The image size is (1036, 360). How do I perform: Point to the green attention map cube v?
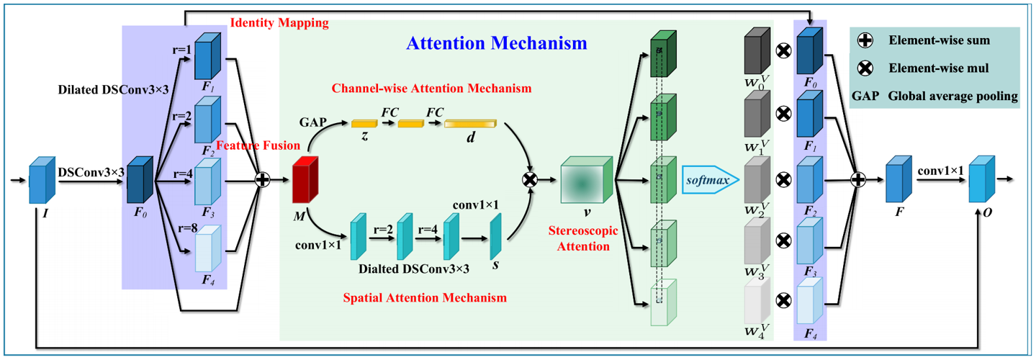coord(586,179)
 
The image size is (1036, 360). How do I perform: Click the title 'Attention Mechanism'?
coord(497,43)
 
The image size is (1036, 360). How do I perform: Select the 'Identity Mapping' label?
coord(279,23)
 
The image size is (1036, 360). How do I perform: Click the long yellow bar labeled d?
coord(470,125)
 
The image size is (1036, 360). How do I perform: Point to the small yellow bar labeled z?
coord(365,125)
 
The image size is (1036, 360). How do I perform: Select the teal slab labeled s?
coord(495,237)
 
